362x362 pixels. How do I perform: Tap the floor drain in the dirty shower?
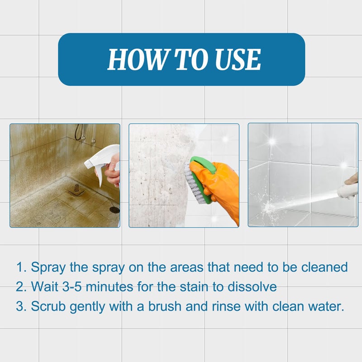[x=114, y=210]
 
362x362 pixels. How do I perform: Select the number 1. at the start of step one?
[x=21, y=267]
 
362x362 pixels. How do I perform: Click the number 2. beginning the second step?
[x=21, y=287]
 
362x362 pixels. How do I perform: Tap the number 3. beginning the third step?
[x=21, y=306]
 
